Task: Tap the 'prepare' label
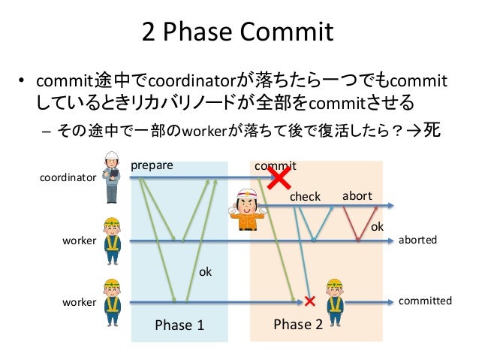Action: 152,165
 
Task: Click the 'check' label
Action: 305,197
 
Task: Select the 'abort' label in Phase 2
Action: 357,196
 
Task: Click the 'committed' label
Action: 425,301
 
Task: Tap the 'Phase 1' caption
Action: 179,325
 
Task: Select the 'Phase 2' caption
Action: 298,324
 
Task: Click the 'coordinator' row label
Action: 68,179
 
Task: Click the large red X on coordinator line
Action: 279,178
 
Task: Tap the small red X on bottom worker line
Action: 309,301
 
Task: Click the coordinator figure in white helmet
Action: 112,177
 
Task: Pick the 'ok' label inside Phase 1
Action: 205,272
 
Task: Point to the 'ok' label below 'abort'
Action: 378,225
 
